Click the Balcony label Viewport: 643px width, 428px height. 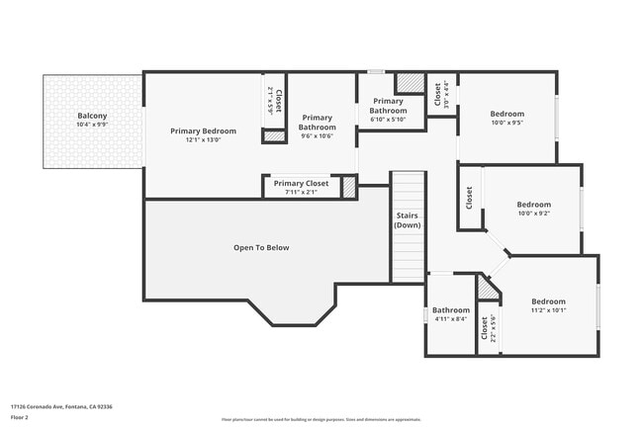tap(93, 117)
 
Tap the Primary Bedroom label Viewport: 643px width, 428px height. tap(203, 131)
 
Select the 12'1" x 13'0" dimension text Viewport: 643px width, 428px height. tap(203, 140)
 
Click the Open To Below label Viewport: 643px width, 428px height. tap(261, 247)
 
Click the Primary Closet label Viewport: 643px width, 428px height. tap(301, 183)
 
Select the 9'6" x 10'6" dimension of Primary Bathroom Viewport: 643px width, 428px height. tap(318, 136)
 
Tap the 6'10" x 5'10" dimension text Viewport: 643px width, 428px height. tap(388, 120)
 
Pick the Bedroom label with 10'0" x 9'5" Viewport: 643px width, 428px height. tap(506, 114)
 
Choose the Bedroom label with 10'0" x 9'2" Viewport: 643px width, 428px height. tap(532, 205)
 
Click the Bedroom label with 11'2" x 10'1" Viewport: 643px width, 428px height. tap(548, 301)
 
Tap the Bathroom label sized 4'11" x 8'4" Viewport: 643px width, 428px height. tap(450, 310)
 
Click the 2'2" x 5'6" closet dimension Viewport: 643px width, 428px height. tap(493, 326)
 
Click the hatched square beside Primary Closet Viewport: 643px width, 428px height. tap(348, 187)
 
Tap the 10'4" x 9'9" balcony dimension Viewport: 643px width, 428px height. tap(93, 126)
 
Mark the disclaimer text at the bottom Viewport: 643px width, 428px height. tap(321, 419)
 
